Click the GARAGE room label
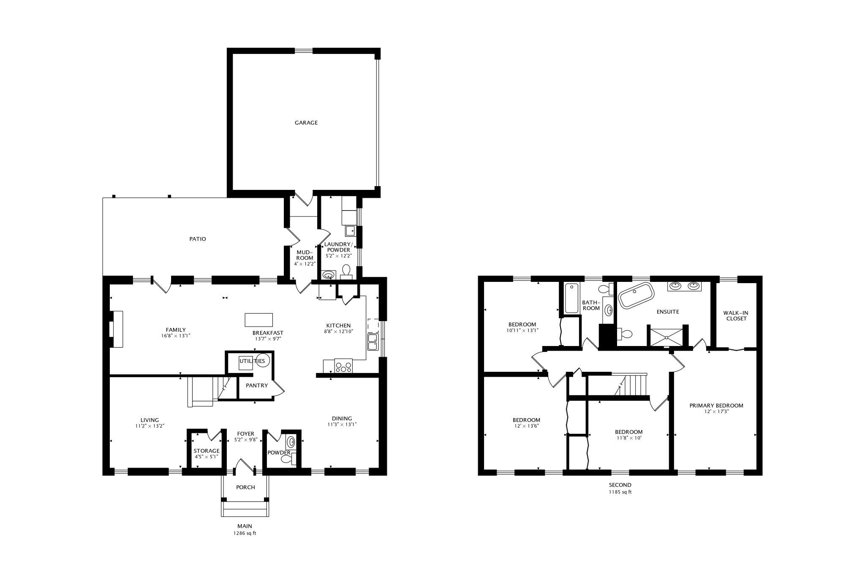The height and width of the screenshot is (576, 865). [306, 123]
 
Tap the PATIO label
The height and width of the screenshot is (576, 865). [198, 239]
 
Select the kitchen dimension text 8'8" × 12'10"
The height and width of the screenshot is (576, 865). [338, 331]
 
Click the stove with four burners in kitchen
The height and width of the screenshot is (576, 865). [343, 365]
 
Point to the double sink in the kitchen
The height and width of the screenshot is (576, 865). [373, 342]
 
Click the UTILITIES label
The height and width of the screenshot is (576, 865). [252, 361]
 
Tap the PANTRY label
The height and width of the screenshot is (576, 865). [257, 385]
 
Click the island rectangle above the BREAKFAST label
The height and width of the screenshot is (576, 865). [258, 320]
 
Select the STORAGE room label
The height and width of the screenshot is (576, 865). [207, 451]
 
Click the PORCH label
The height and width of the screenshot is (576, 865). [245, 487]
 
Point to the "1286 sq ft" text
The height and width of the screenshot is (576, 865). [245, 533]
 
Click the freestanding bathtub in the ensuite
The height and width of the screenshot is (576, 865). [636, 294]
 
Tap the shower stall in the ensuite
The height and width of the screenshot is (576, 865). [666, 337]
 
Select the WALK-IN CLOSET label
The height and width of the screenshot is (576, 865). [736, 316]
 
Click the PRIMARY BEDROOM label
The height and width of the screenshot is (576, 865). [716, 406]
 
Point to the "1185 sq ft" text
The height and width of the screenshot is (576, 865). [620, 492]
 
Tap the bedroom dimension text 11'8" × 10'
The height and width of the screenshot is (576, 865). [628, 438]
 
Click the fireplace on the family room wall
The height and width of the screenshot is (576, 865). [116, 329]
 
